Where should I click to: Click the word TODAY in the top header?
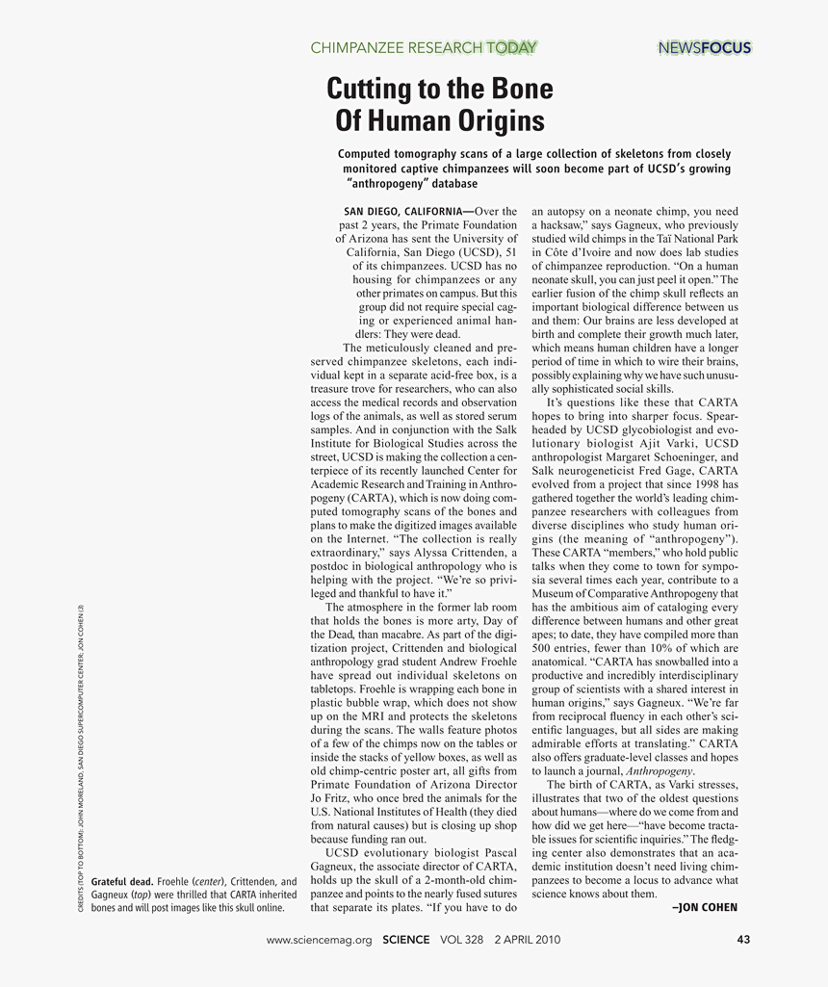point(511,47)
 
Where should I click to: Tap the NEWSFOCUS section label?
point(704,47)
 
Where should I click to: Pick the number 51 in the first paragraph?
point(512,251)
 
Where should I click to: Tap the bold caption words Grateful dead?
point(121,881)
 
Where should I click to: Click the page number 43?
point(742,941)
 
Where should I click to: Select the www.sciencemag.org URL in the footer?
point(319,941)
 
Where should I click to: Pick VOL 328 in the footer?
point(461,941)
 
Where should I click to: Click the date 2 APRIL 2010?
point(527,941)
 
